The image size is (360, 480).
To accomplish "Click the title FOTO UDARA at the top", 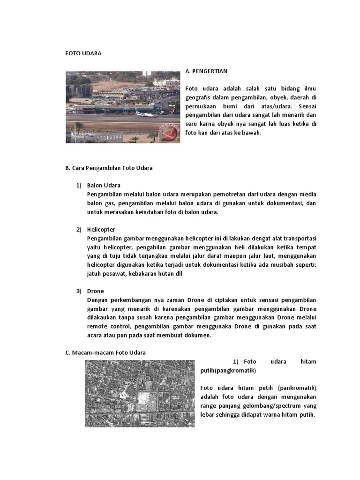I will tap(83, 53).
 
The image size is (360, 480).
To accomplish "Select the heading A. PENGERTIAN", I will tap(206, 71).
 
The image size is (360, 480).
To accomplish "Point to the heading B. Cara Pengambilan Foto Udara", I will tap(109, 168).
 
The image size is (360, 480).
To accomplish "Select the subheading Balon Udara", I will tap(104, 185).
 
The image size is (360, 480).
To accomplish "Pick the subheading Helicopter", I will tap(101, 229).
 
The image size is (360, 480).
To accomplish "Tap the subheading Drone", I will tap(95, 291).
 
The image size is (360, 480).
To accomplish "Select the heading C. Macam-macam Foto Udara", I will tap(105, 352).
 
